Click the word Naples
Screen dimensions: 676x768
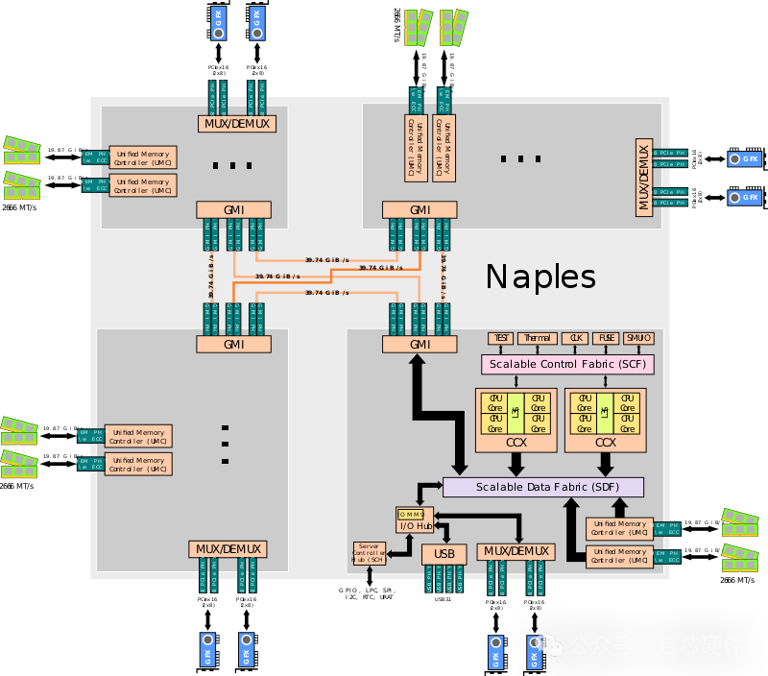pyautogui.click(x=540, y=277)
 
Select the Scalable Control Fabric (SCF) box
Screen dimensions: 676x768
pyautogui.click(x=567, y=365)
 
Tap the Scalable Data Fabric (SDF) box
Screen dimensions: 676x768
pyautogui.click(x=542, y=487)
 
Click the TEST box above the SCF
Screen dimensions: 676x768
pyautogui.click(x=500, y=338)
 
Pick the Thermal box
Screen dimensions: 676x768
pyautogui.click(x=537, y=338)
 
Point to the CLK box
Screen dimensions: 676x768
pyautogui.click(x=576, y=338)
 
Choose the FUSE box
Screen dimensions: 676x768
pyautogui.click(x=606, y=338)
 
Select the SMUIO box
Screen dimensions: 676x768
pyautogui.click(x=638, y=338)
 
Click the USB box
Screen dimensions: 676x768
pyautogui.click(x=444, y=554)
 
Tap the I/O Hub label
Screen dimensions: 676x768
pyautogui.click(x=415, y=525)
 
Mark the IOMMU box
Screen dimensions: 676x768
pyautogui.click(x=415, y=514)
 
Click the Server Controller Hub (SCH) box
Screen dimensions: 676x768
pyautogui.click(x=369, y=553)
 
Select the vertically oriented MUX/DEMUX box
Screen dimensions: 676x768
pyautogui.click(x=643, y=175)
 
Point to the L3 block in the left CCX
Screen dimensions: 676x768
pyautogui.click(x=516, y=412)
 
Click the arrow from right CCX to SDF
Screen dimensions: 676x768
pyautogui.click(x=605, y=465)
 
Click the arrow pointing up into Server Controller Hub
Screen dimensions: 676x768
pyautogui.click(x=369, y=572)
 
